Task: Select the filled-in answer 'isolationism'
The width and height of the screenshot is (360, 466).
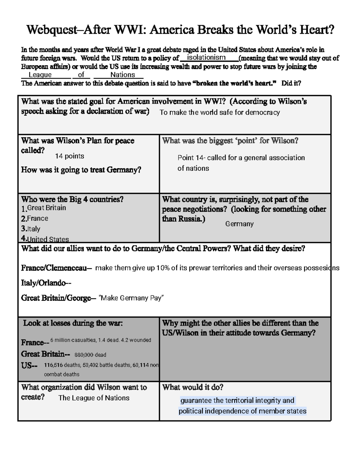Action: tap(206, 57)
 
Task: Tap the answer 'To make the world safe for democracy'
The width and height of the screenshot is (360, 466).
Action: tap(220, 113)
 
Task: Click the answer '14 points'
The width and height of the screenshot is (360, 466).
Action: tap(70, 156)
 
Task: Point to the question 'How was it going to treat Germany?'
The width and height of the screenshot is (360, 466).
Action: tap(81, 170)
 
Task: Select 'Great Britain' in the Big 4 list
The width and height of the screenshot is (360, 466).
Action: tap(46, 208)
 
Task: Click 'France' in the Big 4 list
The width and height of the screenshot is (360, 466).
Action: tap(37, 218)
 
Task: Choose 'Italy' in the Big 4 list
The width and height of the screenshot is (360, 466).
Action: tap(34, 229)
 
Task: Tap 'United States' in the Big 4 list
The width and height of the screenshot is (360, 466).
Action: tap(48, 239)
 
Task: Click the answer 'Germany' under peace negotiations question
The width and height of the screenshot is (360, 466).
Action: tap(239, 224)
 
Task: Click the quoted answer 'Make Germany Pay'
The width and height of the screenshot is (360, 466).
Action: tap(131, 298)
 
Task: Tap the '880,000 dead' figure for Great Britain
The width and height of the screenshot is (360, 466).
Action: tap(90, 355)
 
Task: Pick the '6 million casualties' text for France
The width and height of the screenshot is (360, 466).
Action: tap(72, 340)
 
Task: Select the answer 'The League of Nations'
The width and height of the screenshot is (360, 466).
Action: tap(94, 398)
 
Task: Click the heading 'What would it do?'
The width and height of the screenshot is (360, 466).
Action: tap(193, 387)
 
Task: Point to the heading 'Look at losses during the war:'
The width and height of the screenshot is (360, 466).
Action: tap(73, 323)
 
